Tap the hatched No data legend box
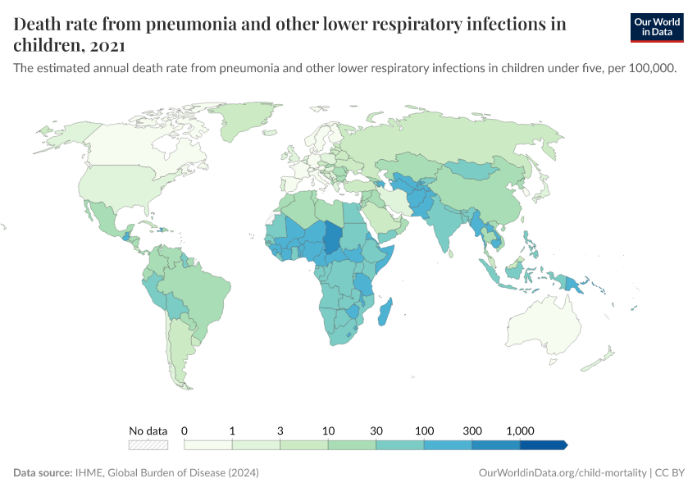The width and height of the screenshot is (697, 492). pyautogui.click(x=148, y=445)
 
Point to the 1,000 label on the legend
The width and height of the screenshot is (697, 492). pyautogui.click(x=520, y=430)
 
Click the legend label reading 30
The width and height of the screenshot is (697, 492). pyautogui.click(x=376, y=430)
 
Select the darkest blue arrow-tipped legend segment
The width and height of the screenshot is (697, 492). pyautogui.click(x=544, y=445)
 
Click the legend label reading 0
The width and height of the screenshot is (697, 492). pyautogui.click(x=184, y=430)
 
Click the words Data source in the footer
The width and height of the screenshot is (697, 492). pyautogui.click(x=42, y=473)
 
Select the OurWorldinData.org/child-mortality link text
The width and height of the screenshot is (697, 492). pyautogui.click(x=561, y=473)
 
